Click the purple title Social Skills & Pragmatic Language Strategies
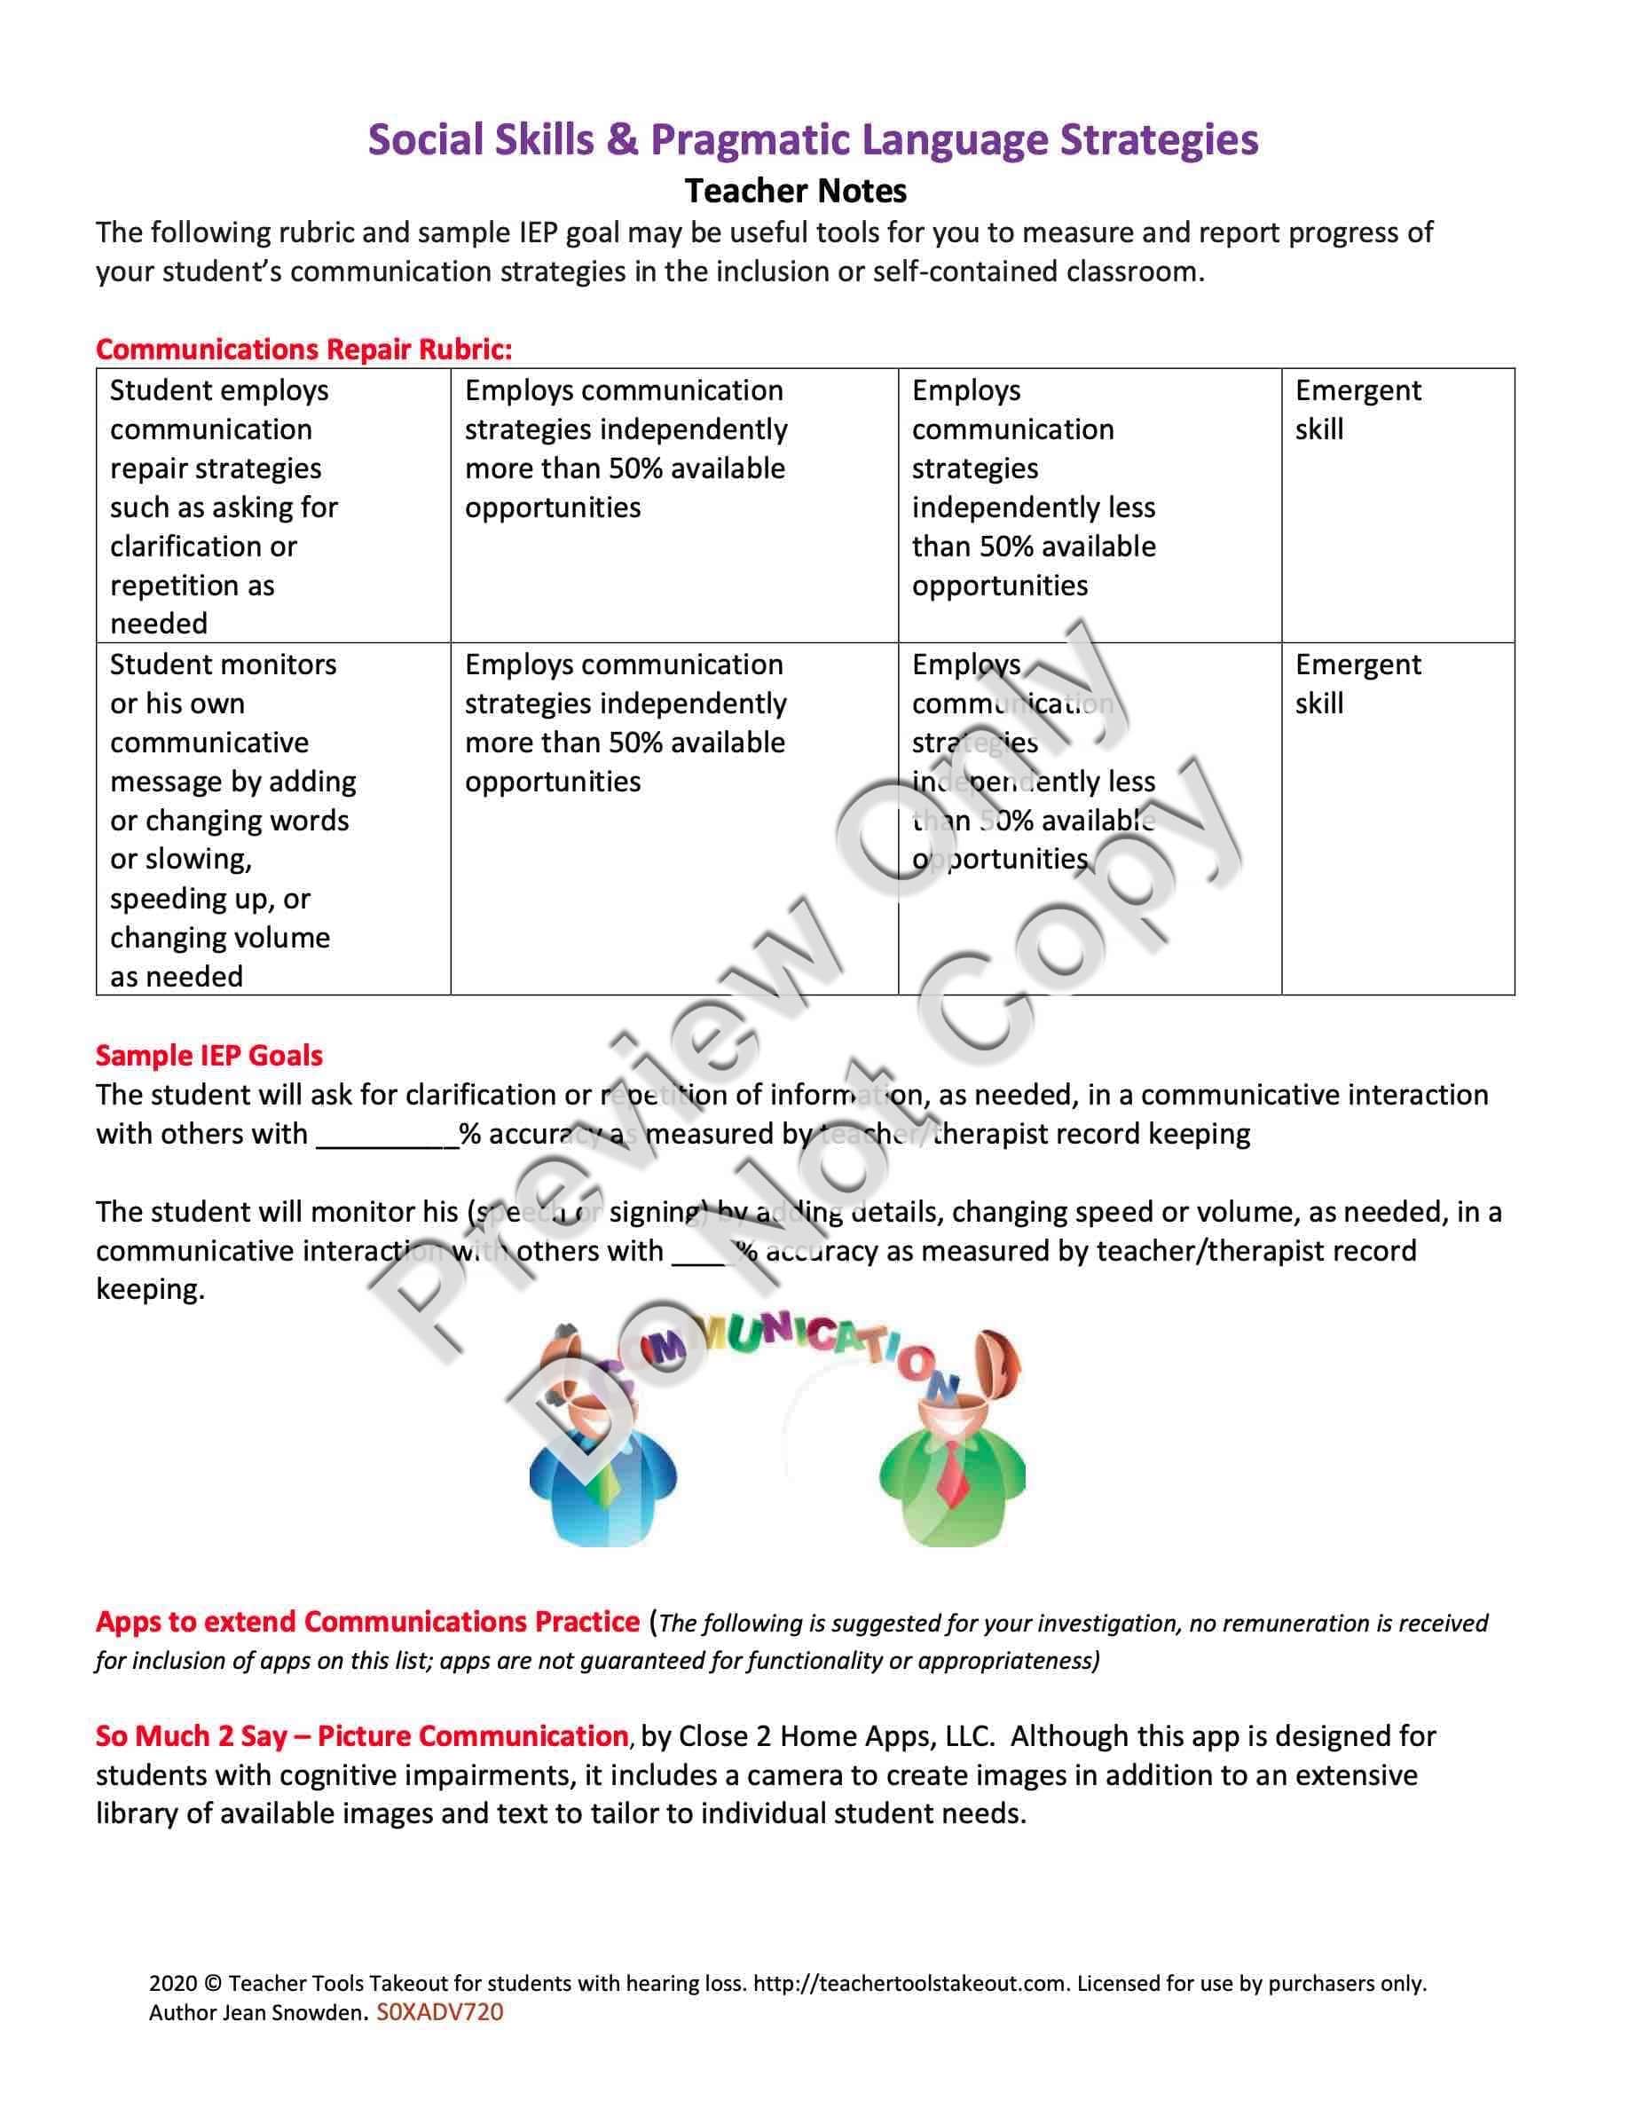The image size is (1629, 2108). point(813,140)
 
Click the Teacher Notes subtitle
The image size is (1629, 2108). point(795,192)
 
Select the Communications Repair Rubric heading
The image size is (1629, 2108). point(304,350)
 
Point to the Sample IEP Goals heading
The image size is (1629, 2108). point(209,1055)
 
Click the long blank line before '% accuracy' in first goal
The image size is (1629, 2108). point(387,1136)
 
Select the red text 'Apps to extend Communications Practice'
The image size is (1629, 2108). point(367,1622)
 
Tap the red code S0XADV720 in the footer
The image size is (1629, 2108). point(440,2012)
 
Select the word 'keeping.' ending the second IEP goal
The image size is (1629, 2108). point(151,1289)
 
